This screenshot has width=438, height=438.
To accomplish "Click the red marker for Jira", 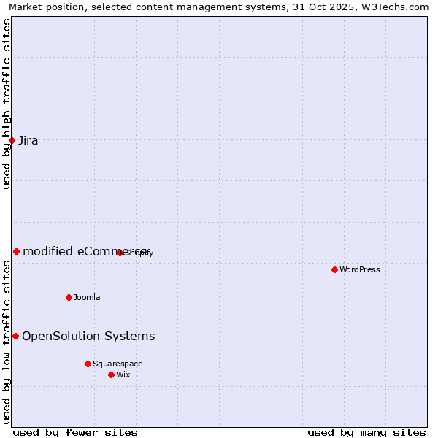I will (12, 140).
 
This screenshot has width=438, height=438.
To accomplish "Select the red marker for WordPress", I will (334, 269).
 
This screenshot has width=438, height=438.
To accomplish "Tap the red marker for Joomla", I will (69, 297).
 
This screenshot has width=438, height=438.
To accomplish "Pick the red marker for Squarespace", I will (88, 364).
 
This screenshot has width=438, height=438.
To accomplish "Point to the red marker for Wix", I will (111, 374).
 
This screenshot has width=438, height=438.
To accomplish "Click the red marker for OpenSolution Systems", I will (15, 336).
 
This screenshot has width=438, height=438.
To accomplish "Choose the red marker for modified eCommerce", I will (16, 251).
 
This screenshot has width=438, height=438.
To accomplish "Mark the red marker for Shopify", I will (120, 253).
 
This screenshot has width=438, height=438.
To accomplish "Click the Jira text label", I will (28, 141).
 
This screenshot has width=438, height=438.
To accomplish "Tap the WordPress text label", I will (360, 270).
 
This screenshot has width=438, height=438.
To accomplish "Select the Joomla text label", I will (87, 298).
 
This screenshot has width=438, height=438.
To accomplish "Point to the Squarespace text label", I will (118, 364).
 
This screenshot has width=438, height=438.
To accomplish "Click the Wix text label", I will (123, 375).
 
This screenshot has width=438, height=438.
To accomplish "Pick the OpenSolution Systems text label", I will (88, 337).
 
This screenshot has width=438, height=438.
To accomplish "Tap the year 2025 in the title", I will (342, 7).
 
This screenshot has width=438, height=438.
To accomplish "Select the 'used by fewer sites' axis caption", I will (75, 432).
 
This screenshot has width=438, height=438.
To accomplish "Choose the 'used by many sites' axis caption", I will (366, 432).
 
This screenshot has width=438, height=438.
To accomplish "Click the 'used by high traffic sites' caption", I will (7, 104).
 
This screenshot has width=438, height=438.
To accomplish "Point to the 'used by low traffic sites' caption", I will (7, 342).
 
